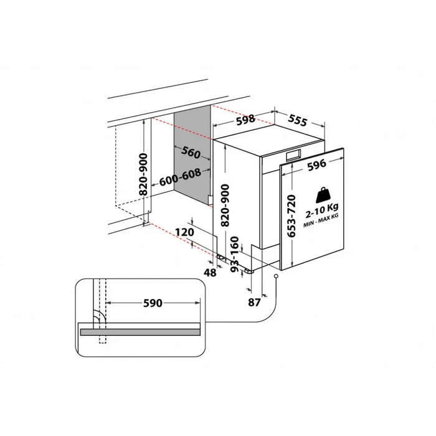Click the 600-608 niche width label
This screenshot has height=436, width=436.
point(180,178)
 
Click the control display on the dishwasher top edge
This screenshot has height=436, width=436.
point(291,156)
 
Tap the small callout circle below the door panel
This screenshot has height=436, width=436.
point(275,277)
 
